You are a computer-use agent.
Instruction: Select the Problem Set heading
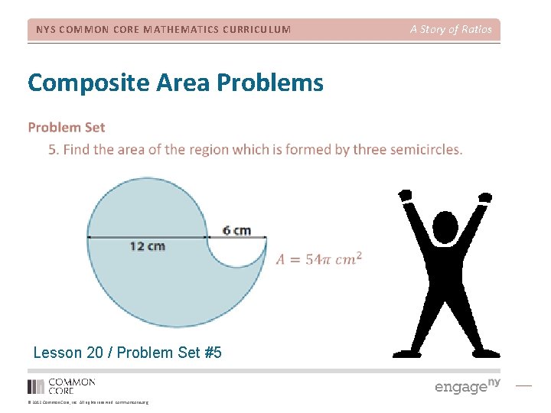67,128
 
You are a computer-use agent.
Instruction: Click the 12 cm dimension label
147,246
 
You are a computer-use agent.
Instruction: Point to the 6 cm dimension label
236,230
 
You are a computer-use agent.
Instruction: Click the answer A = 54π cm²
318,259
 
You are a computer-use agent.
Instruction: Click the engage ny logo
467,386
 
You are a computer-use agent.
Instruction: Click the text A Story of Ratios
451,30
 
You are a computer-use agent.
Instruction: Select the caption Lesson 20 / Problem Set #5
127,353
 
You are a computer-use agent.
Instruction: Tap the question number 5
53,149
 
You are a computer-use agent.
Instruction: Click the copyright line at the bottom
88,402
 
